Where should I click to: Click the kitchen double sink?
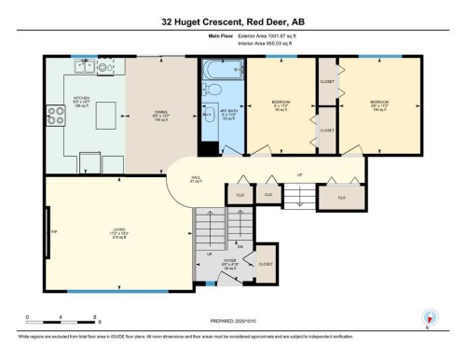pyautogui.click(x=86, y=65)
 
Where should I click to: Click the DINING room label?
pyautogui.click(x=160, y=115)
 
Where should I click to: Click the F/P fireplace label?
pyautogui.click(x=55, y=231)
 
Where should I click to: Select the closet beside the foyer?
pyautogui.click(x=267, y=263)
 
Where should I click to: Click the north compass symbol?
pyautogui.click(x=428, y=317)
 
